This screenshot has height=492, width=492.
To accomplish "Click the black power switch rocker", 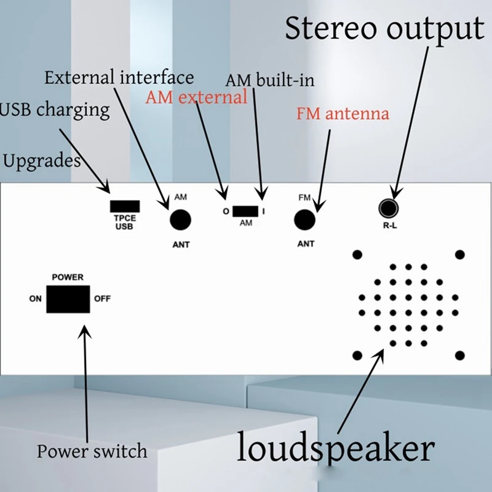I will [x=68, y=299].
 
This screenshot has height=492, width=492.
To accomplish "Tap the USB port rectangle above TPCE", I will [x=124, y=206].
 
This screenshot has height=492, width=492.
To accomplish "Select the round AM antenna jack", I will [x=180, y=220].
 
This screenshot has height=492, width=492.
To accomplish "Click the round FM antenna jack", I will [x=305, y=220].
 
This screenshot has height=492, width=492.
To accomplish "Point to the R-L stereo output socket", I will [x=388, y=208].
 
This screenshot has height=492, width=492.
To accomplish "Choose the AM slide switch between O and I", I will [x=245, y=211].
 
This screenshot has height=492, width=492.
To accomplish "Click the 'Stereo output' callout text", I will [x=384, y=29].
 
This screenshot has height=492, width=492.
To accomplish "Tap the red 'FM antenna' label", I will [x=343, y=114].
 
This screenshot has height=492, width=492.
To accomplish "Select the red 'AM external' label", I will [x=197, y=97].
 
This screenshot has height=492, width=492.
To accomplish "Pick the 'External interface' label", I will [x=119, y=77].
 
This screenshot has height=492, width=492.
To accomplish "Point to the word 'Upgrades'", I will [x=42, y=161].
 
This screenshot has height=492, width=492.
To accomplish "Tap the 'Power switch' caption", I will [x=92, y=451].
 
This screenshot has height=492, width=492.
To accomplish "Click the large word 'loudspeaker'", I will [x=336, y=449].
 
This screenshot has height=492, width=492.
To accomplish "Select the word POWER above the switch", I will [x=68, y=277].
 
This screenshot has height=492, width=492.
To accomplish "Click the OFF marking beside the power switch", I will [x=102, y=300].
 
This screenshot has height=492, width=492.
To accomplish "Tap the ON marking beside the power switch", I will [x=35, y=300].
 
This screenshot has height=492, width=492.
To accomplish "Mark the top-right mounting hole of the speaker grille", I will [x=459, y=255].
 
